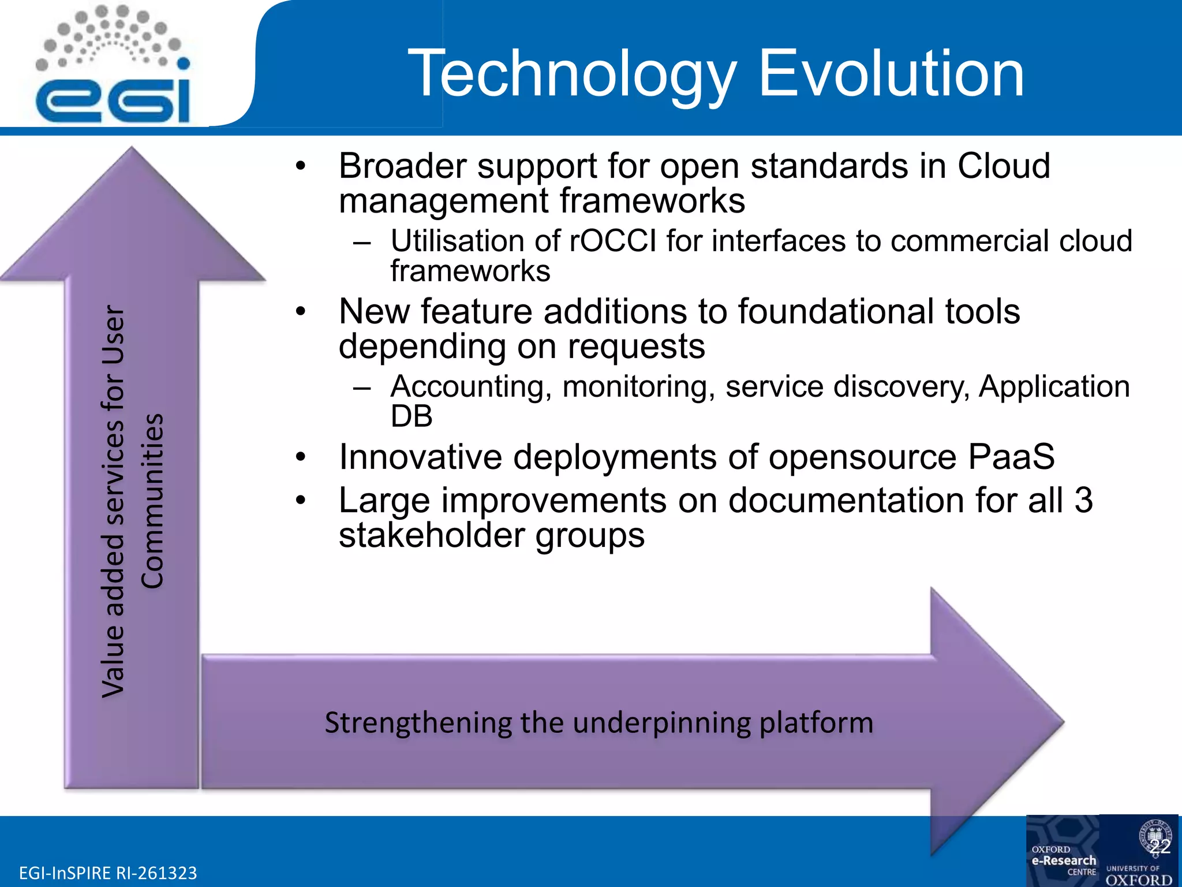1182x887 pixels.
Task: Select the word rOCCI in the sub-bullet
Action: coord(613,241)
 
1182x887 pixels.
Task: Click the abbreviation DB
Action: coord(411,416)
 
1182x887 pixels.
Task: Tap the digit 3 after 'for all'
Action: coord(1083,500)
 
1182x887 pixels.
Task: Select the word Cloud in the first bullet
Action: coord(1004,166)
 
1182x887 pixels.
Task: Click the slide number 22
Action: coord(1159,847)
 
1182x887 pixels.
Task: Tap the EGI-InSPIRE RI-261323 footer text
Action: coord(108,873)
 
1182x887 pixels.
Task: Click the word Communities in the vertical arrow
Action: coord(153,501)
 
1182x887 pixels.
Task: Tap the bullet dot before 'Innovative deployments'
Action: coord(300,457)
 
